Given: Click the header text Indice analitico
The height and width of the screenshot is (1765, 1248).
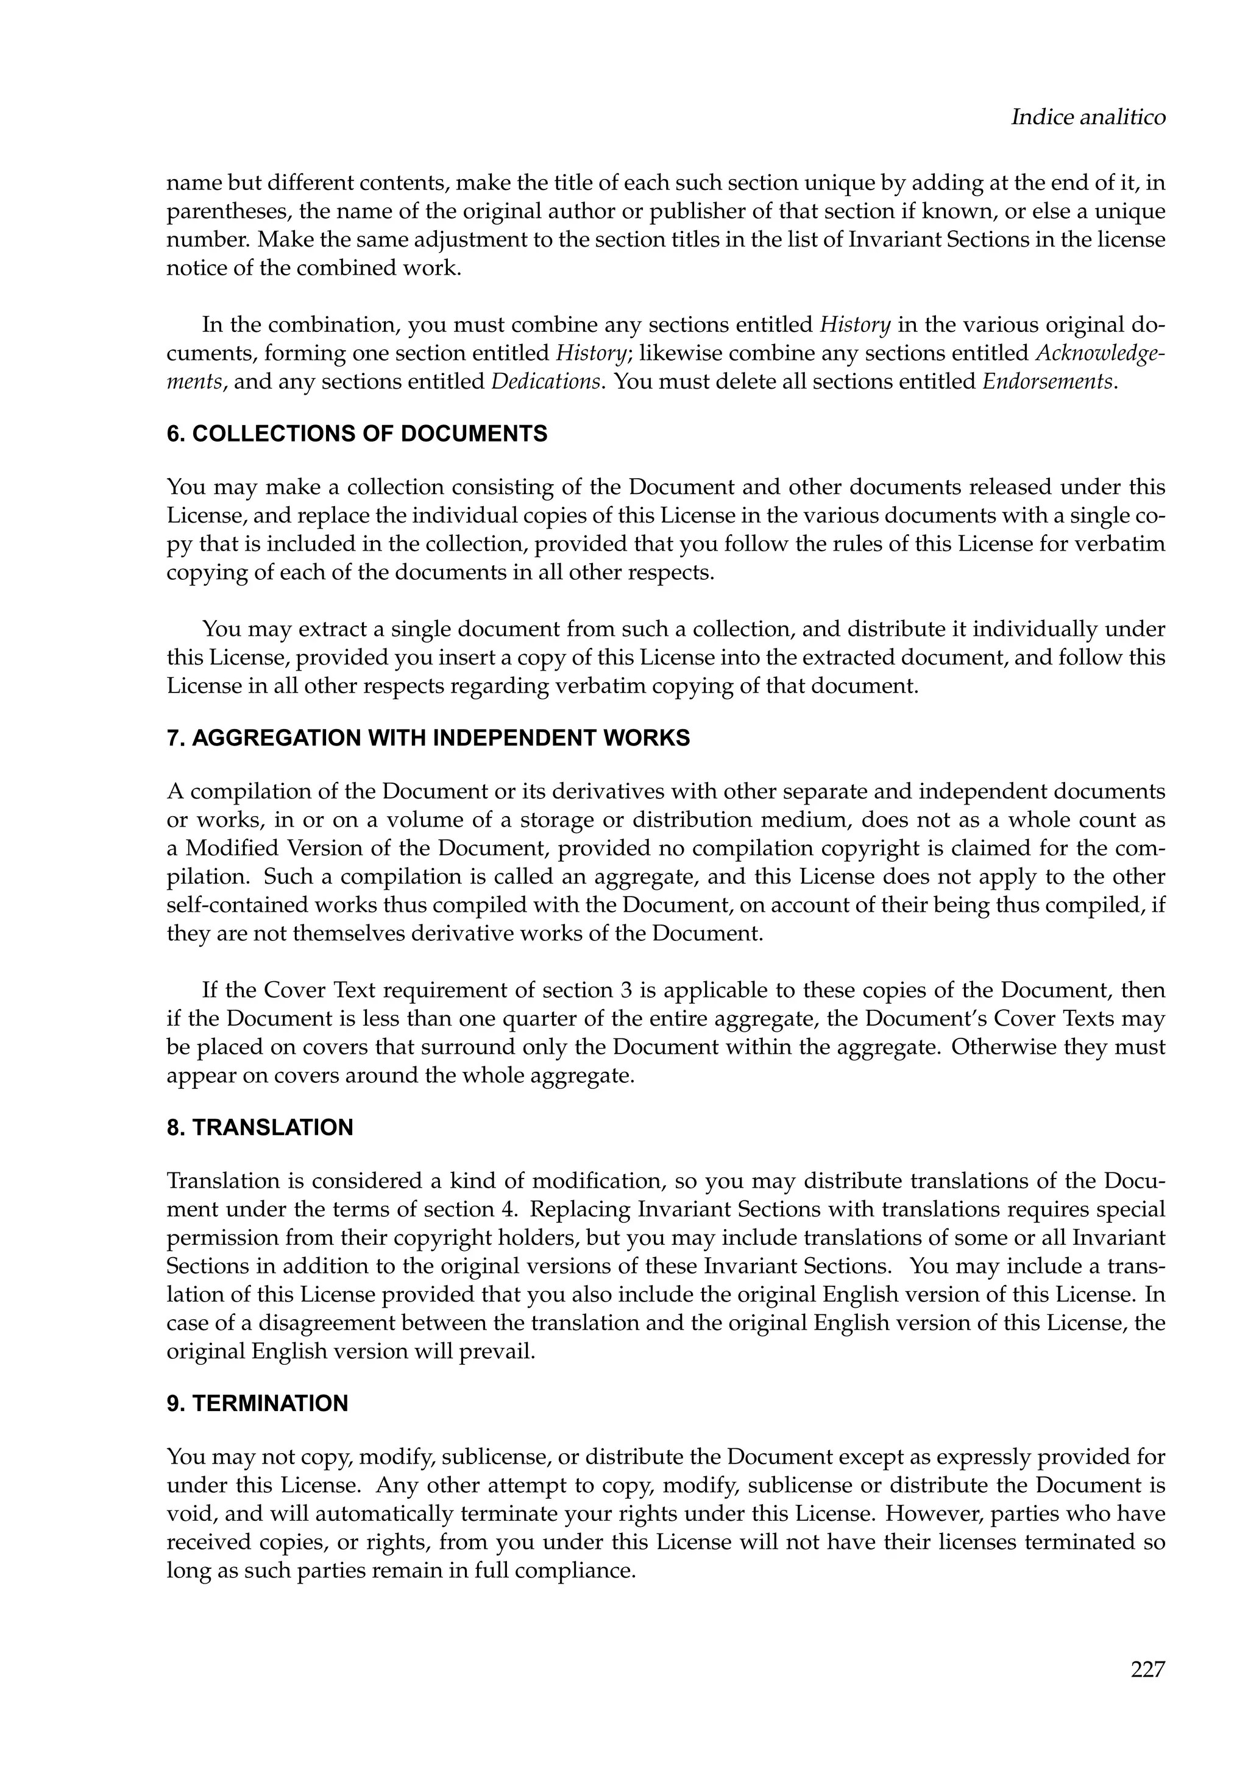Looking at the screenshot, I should click(x=1087, y=118).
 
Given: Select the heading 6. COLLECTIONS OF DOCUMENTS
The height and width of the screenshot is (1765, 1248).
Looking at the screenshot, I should click(x=357, y=434).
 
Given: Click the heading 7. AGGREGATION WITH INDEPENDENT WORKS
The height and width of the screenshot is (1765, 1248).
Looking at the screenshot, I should click(x=428, y=739).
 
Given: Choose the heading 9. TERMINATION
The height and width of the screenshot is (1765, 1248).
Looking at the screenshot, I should click(x=257, y=1404).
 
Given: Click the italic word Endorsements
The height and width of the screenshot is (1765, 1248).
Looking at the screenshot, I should click(x=1048, y=381).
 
